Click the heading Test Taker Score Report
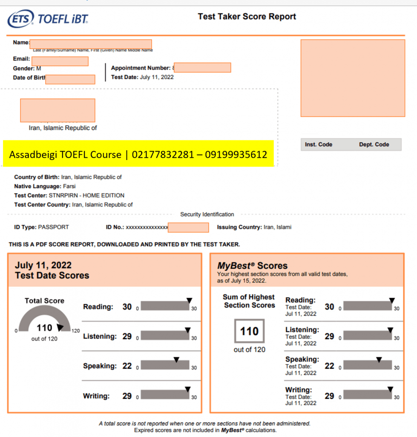click(x=247, y=17)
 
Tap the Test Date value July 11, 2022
click(x=156, y=77)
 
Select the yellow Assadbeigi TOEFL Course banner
click(x=138, y=154)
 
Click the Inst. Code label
click(x=319, y=145)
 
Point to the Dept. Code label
click(x=374, y=145)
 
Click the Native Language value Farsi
click(x=69, y=186)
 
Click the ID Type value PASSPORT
click(x=53, y=227)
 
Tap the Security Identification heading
click(x=207, y=214)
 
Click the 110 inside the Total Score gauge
click(x=44, y=328)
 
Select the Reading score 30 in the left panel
click(x=127, y=307)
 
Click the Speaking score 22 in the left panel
click(x=127, y=366)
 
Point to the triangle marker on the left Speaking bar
click(x=176, y=360)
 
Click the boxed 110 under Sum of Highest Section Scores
click(x=249, y=331)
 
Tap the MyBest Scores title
click(x=252, y=265)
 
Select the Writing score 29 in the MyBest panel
click(x=329, y=396)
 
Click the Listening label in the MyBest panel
click(x=302, y=330)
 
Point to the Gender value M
click(x=39, y=68)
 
